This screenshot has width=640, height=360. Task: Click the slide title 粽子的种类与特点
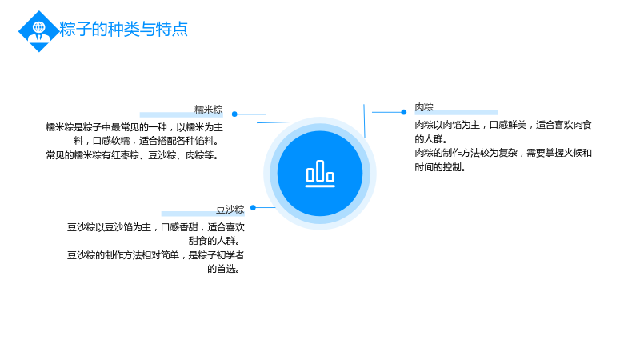[x=123, y=29]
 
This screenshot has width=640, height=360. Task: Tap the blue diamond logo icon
[x=39, y=31]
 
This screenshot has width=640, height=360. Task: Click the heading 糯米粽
[x=209, y=110]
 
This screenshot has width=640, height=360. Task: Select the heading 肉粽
[x=424, y=107]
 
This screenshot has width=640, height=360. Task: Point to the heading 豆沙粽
[x=230, y=210]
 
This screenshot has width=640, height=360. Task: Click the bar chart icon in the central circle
[x=320, y=174]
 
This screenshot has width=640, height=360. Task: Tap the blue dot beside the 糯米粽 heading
[x=234, y=114]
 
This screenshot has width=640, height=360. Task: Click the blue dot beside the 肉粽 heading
[x=404, y=112]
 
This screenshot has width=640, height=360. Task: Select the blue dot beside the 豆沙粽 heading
[x=253, y=208]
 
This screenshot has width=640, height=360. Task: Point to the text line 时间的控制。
[x=441, y=167]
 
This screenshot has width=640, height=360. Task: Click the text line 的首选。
[x=224, y=269]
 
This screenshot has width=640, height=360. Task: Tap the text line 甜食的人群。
[x=214, y=241]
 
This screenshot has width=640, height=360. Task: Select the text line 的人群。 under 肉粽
[x=431, y=138]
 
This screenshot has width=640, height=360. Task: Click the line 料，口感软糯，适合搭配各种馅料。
[x=147, y=141]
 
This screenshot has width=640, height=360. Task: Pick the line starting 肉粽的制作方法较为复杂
[x=503, y=153]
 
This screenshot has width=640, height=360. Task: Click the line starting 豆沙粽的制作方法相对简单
[x=155, y=255]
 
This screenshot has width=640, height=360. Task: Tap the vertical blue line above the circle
[x=364, y=121]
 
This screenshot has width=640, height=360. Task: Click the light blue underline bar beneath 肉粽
[x=456, y=112]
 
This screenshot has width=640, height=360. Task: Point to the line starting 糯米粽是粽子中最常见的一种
[x=134, y=127]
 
